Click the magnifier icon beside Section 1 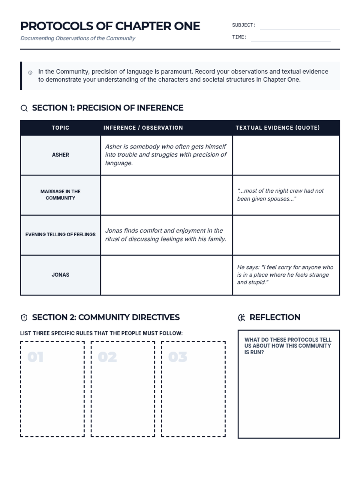pos(24,108)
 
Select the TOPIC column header pos(60,128)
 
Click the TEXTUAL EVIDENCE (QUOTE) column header pos(277,128)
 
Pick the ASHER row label pos(60,155)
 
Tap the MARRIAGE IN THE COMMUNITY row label pos(60,195)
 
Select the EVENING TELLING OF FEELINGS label pos(60,235)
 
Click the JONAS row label pos(60,275)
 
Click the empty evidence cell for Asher pos(286,155)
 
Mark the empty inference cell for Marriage pos(166,195)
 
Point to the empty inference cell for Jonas pos(166,275)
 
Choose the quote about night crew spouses pos(280,195)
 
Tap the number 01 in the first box pos(35,357)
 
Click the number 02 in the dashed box pos(107,357)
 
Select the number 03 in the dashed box pos(178,357)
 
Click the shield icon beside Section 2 pos(24,317)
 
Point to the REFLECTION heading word pos(275,317)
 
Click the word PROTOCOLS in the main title pos(57,26)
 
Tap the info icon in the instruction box pos(30,73)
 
